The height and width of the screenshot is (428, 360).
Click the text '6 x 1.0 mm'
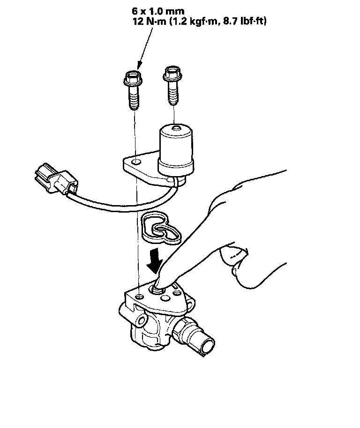coord(158,11)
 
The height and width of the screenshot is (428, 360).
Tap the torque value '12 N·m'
coord(150,21)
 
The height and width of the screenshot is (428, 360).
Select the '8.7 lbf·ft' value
coord(245,21)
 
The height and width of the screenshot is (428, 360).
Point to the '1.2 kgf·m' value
coord(195,21)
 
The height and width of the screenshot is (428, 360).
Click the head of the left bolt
coord(133,78)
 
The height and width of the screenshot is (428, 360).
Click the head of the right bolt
coord(172,73)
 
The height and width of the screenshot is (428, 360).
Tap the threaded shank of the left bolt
coord(133,97)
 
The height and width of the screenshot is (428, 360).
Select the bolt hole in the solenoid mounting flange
coord(136,162)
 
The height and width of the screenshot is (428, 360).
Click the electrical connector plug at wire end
coord(56,179)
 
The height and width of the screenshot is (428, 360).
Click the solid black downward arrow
coord(155,261)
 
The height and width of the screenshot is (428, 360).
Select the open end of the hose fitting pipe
coord(208,347)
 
